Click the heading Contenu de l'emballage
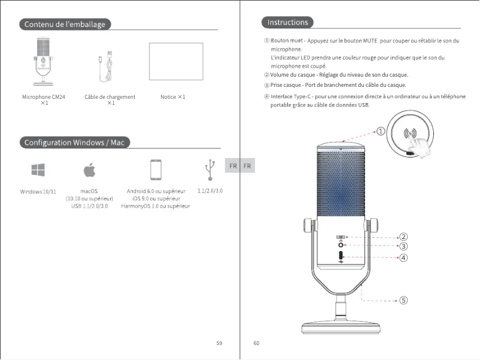[65, 24]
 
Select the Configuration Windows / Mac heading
[74, 143]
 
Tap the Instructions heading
[287, 23]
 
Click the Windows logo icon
[38, 170]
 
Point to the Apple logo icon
[89, 170]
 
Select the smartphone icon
[156, 170]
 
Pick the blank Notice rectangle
[176, 61]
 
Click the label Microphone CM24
[44, 97]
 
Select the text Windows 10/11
[38, 192]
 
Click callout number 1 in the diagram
[381, 132]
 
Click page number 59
[219, 343]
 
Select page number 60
[256, 343]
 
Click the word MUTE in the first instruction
[370, 41]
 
